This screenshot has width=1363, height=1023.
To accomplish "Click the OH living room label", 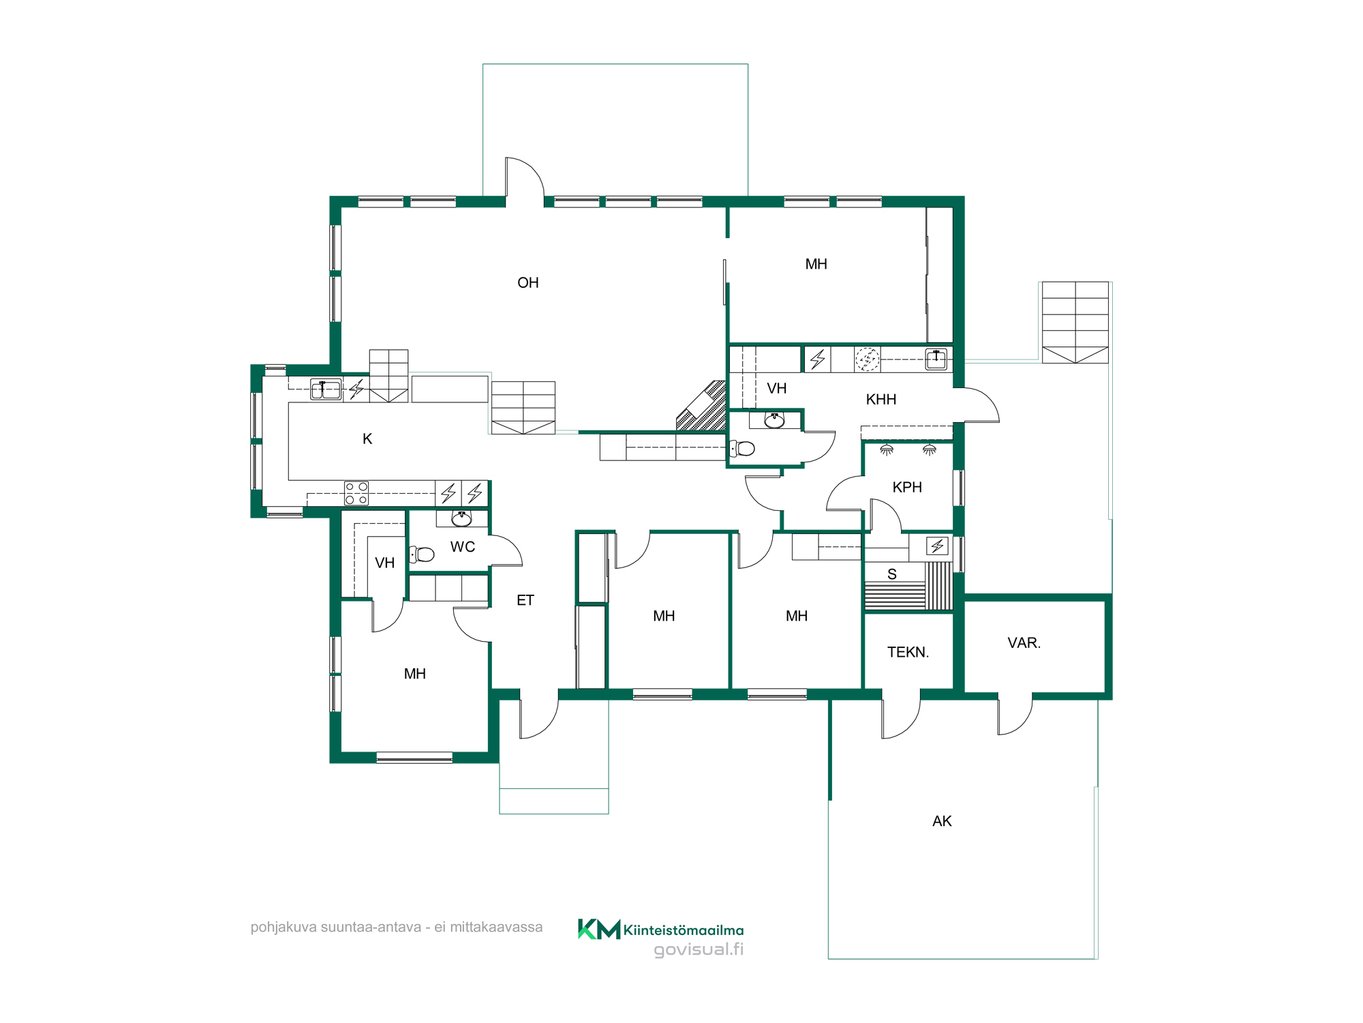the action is (528, 283).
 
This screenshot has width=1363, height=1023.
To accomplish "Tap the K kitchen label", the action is (367, 439).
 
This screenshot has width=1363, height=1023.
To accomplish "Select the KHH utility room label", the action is (881, 400).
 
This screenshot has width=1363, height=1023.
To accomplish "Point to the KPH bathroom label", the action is (907, 488).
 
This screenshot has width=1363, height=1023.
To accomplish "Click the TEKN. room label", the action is (908, 653).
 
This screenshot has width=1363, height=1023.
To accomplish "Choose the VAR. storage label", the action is (1024, 643).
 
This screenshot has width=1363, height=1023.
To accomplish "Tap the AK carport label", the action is (942, 822).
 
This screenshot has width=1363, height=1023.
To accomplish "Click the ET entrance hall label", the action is (525, 601).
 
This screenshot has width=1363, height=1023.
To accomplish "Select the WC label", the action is (463, 547).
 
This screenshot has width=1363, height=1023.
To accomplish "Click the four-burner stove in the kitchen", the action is (356, 493).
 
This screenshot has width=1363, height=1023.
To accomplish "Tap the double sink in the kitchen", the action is (326, 389).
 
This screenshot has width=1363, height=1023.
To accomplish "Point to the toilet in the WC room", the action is (422, 554).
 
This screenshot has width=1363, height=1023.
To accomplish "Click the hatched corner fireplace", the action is (702, 406).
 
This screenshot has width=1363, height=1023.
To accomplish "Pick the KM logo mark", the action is (599, 929).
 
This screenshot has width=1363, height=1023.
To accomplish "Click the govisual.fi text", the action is (699, 949).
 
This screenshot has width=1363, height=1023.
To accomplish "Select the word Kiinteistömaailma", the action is (684, 930).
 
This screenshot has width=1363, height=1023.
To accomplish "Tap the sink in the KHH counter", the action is (936, 359).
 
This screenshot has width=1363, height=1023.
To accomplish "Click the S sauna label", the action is (892, 575).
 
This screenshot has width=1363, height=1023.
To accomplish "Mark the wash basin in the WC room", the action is (462, 518).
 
